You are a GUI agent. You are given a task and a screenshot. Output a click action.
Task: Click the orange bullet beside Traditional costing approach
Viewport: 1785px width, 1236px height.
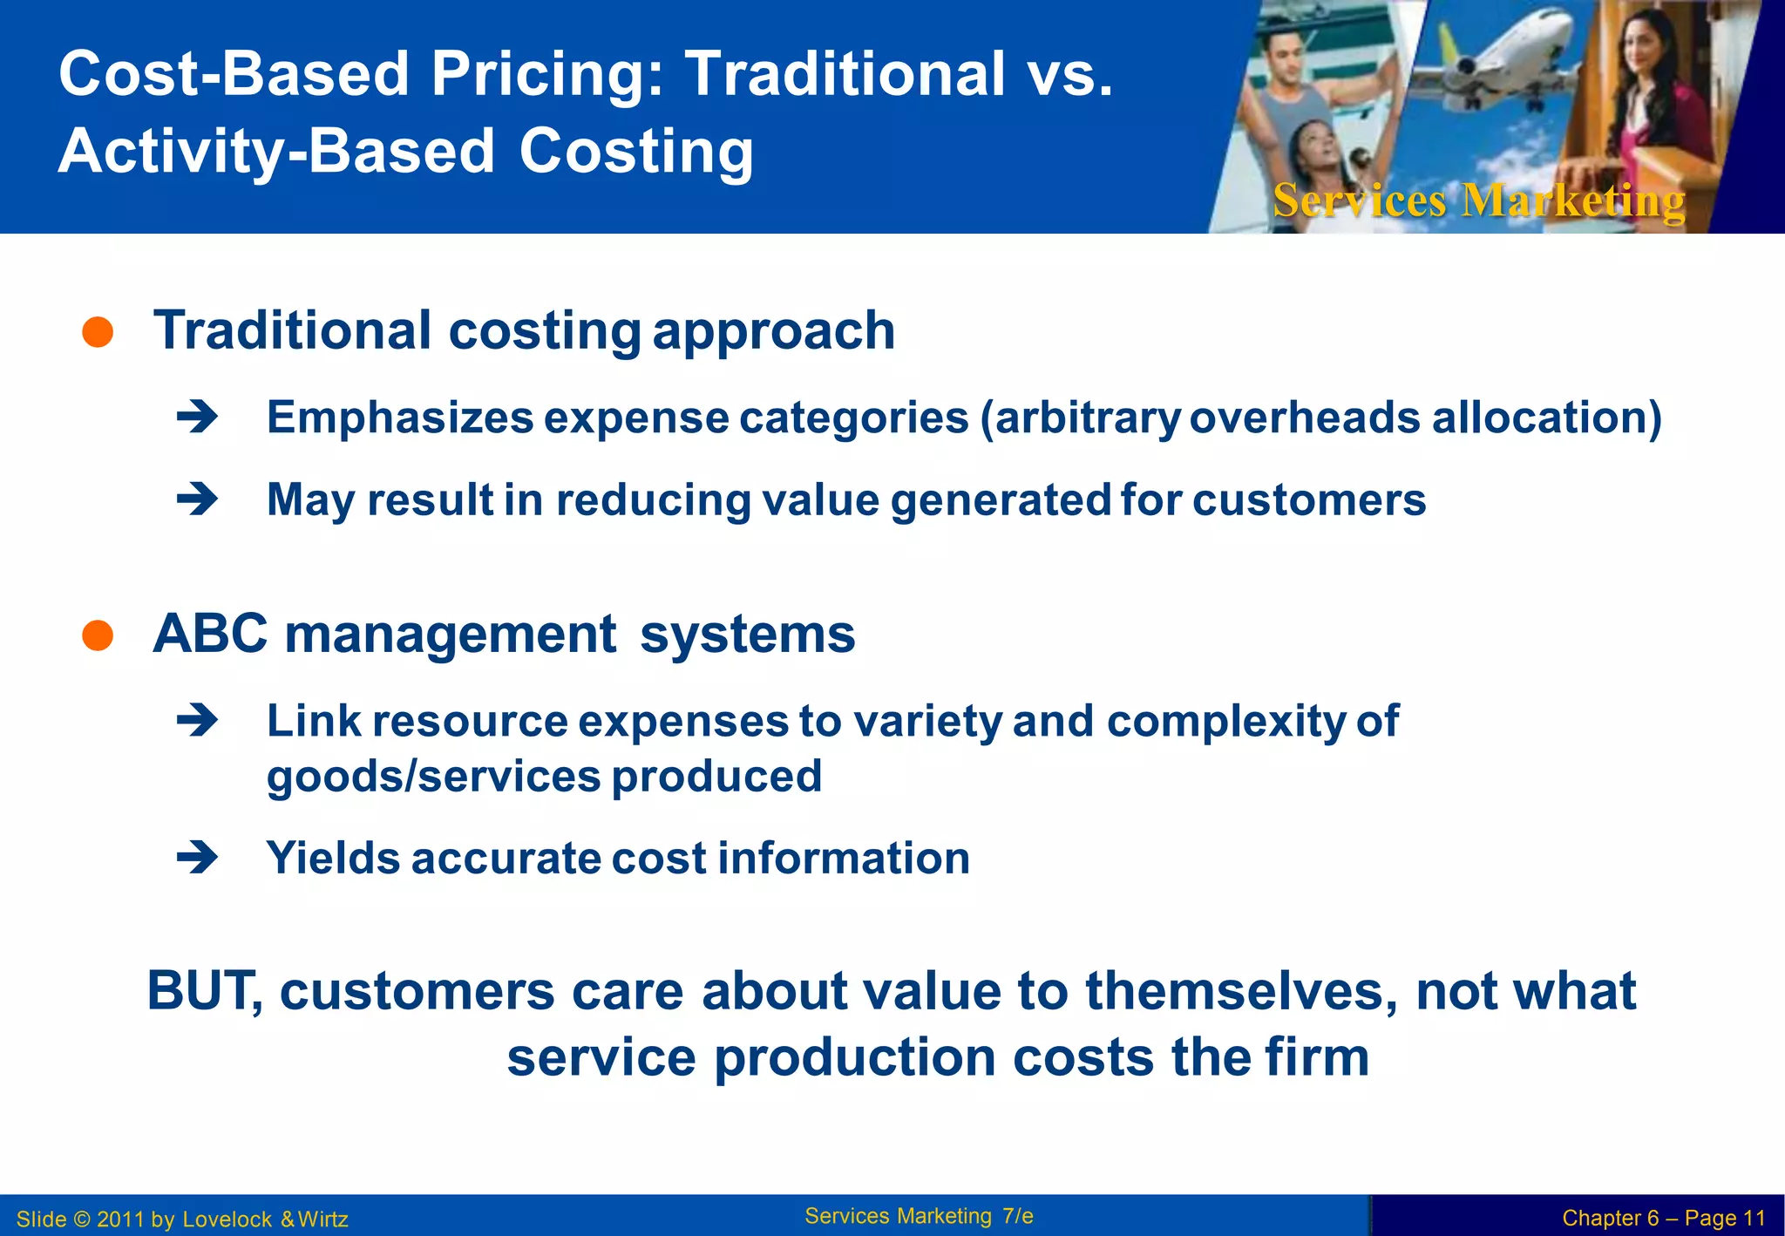[x=98, y=332]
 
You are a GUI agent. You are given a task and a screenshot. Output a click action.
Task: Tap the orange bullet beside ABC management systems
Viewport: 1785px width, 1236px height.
[x=98, y=635]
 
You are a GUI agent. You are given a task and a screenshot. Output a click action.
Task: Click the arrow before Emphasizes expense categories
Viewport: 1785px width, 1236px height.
[x=197, y=418]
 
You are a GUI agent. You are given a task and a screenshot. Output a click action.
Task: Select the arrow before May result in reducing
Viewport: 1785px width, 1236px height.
[x=197, y=499]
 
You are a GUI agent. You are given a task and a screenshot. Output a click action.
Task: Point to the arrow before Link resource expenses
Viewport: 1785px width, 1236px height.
[x=197, y=721]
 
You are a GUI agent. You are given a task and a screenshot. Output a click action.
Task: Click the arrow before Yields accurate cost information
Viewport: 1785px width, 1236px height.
[x=197, y=859]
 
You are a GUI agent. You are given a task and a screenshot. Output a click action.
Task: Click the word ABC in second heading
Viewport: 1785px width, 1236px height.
[x=210, y=634]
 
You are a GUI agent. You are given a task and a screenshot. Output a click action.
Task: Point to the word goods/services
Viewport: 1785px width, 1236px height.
[x=433, y=777]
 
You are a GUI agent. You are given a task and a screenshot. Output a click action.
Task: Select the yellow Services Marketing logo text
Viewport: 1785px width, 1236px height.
[x=1478, y=200]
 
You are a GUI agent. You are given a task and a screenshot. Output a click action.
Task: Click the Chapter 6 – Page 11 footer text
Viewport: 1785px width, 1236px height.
[x=1663, y=1218]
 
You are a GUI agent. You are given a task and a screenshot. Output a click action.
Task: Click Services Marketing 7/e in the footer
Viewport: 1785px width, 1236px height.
[x=919, y=1216]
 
